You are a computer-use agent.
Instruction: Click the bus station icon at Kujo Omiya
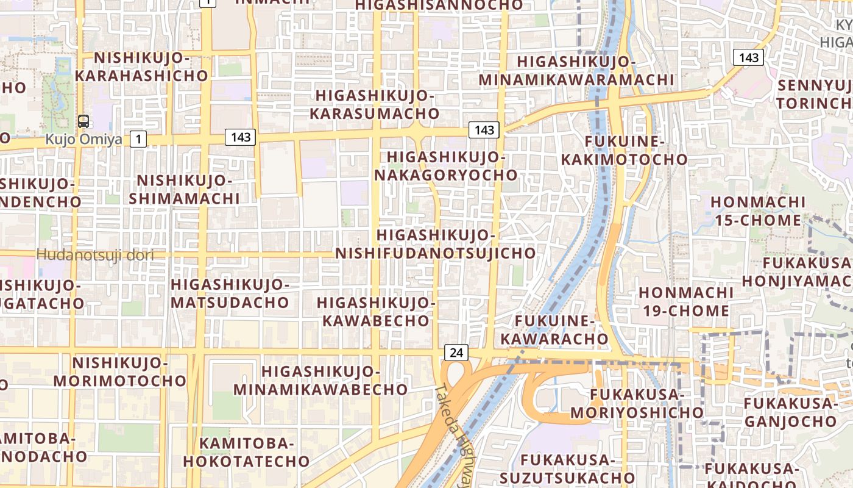[x=83, y=121]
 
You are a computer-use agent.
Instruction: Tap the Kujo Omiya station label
[x=83, y=139]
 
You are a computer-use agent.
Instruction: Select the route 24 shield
[x=456, y=352]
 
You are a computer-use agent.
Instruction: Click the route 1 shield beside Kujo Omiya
[x=139, y=139]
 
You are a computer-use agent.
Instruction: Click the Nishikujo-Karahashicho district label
[x=141, y=67]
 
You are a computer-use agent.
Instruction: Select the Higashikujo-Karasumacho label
[x=374, y=105]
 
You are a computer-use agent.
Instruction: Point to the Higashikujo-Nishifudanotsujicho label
[x=435, y=244]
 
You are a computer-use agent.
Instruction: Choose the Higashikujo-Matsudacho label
[x=230, y=293]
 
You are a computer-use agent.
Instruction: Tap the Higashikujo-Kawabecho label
[x=376, y=312]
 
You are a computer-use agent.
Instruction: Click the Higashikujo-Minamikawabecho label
[x=320, y=380]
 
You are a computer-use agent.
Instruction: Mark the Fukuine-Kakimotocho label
[x=624, y=151]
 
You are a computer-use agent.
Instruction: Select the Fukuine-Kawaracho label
[x=554, y=330]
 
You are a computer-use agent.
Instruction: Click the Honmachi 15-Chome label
[x=758, y=211]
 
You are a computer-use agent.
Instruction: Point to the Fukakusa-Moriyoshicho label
[x=628, y=404]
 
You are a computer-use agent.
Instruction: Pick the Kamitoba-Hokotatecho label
[x=247, y=452]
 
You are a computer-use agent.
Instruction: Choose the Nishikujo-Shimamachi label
[x=184, y=190]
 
